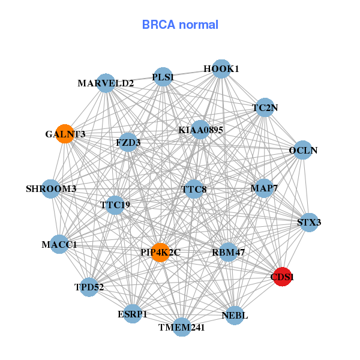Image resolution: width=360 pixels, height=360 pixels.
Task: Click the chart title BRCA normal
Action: point(180,25)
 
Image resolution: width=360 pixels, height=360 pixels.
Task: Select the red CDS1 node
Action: point(282,277)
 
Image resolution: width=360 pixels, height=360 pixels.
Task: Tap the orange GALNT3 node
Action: point(65,133)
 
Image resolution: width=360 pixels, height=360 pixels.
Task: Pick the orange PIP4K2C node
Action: point(160,253)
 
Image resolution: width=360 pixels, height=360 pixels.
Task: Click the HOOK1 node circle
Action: point(221,69)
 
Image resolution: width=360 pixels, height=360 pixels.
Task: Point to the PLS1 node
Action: point(163,77)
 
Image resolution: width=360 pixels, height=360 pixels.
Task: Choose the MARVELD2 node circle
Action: point(106,83)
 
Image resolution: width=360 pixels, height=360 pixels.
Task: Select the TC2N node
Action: point(265,108)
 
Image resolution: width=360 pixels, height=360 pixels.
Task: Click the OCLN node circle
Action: point(303,149)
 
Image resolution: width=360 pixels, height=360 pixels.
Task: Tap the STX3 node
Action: point(309,222)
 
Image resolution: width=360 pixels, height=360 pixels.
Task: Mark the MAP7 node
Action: point(264,188)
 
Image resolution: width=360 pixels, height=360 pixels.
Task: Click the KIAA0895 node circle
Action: point(200,130)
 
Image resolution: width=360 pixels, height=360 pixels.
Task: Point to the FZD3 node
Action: point(128,143)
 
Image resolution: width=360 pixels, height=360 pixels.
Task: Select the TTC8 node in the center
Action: point(194,190)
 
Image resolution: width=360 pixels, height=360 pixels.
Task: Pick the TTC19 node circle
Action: point(115,205)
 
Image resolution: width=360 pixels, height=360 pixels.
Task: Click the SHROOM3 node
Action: point(51,189)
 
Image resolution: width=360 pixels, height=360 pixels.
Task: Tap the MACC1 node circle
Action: point(59,244)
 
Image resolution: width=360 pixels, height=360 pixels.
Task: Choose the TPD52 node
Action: point(89,287)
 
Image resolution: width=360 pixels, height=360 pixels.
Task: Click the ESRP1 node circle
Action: point(132,313)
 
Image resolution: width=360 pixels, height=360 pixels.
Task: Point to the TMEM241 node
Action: point(182,327)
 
